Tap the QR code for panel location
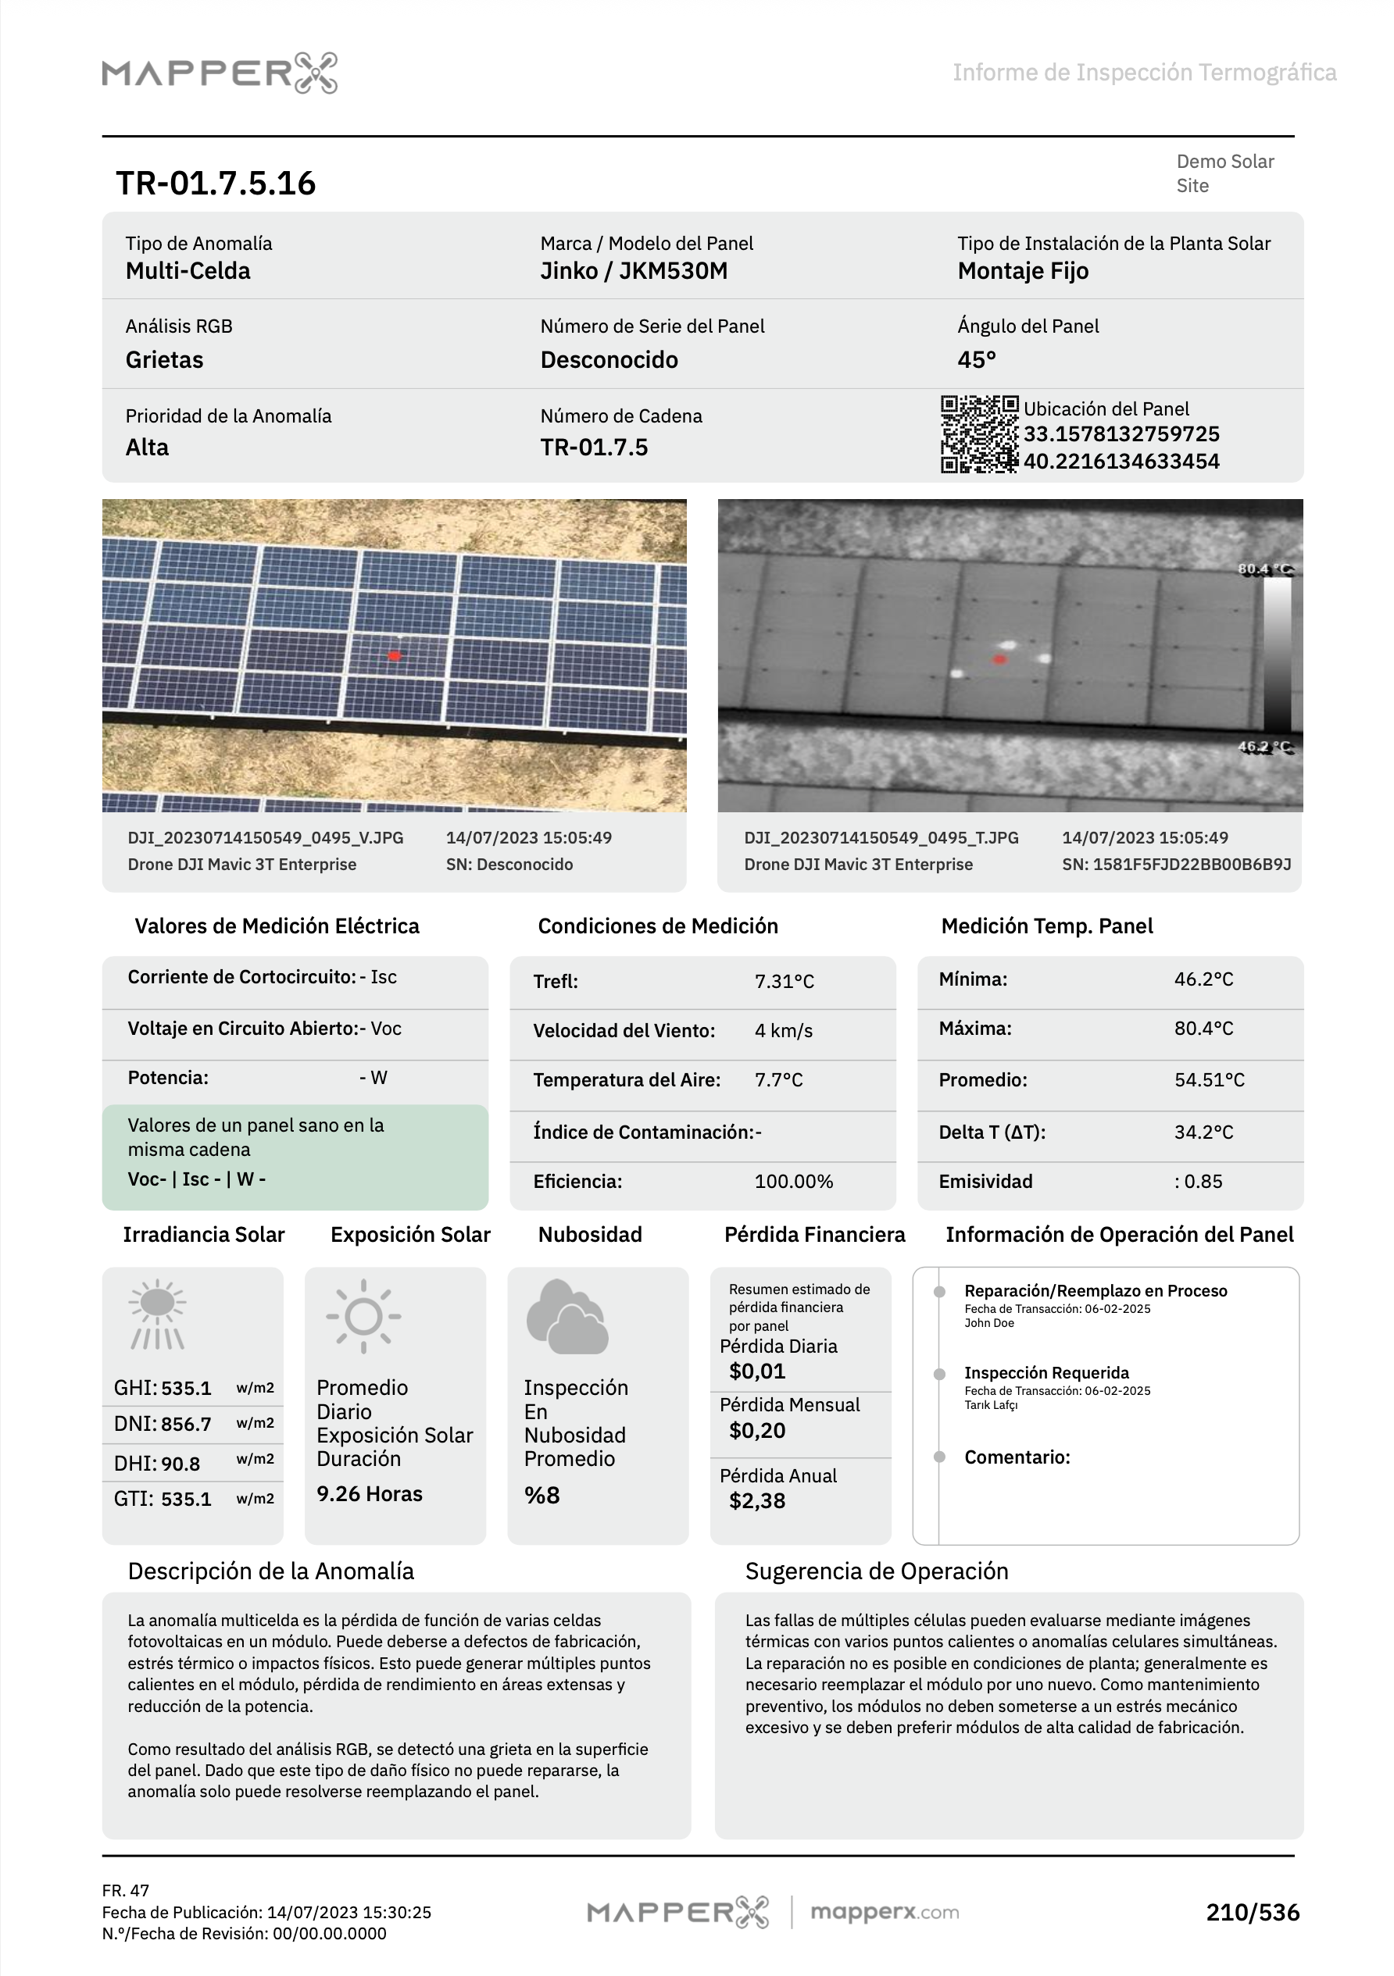tap(979, 433)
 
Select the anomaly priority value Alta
tap(147, 448)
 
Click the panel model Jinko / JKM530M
tap(634, 271)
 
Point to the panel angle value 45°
tap(977, 360)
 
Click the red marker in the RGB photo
tap(395, 656)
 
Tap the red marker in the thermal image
tap(999, 659)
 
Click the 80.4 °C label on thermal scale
tap(1264, 569)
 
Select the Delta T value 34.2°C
tap(1203, 1132)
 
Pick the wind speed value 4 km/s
tap(783, 1031)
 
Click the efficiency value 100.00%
tap(793, 1182)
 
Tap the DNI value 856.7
tap(186, 1425)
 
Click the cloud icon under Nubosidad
tap(567, 1316)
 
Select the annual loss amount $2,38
tap(757, 1501)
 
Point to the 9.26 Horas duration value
tap(370, 1494)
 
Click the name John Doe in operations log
tap(988, 1324)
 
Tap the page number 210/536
tap(1252, 1912)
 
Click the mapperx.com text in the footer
tap(885, 1912)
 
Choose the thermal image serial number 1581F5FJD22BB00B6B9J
tap(1175, 864)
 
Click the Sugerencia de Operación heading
tap(877, 1571)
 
